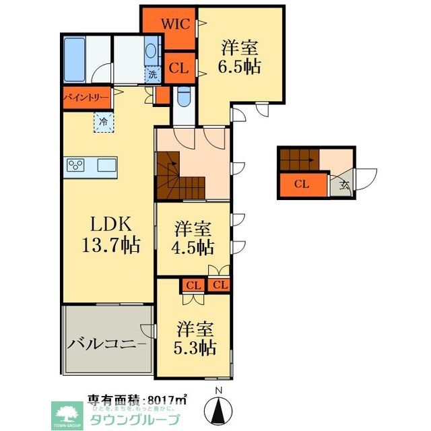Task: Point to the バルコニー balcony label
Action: (x=106, y=344)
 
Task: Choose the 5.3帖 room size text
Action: (x=196, y=339)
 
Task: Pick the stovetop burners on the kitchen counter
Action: (x=74, y=165)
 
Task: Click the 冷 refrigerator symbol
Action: (x=104, y=123)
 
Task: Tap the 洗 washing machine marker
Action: (x=153, y=75)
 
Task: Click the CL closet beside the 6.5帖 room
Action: (x=178, y=67)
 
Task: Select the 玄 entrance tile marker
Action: (x=342, y=184)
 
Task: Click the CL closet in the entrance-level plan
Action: (x=302, y=184)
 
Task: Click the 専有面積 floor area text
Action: (x=138, y=399)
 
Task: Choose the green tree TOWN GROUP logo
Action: (x=67, y=413)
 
